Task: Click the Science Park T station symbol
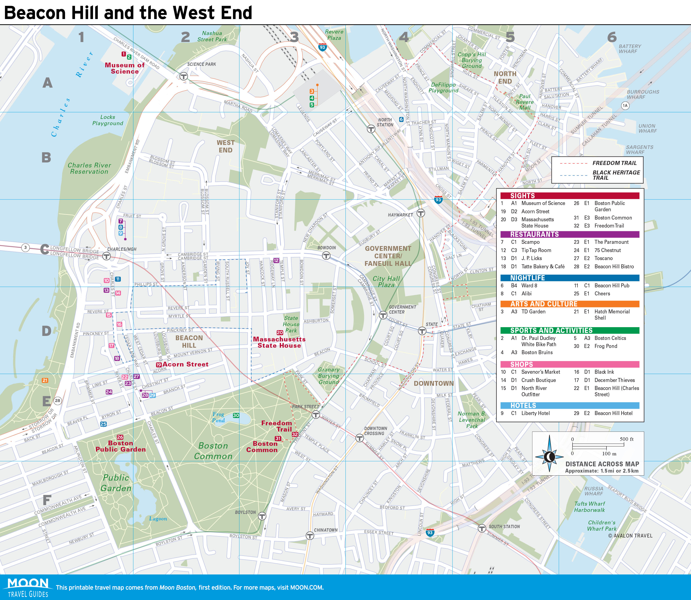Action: coord(183,76)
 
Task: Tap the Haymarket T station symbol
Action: coord(421,213)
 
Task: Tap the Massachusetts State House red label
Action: coord(279,342)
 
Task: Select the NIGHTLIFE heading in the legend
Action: coord(527,278)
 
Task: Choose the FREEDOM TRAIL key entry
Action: coord(614,163)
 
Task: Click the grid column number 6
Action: coord(612,37)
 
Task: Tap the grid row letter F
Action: coord(47,500)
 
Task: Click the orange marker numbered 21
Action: coord(45,380)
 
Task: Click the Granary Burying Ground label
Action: coord(328,376)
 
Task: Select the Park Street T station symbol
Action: coord(316,415)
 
